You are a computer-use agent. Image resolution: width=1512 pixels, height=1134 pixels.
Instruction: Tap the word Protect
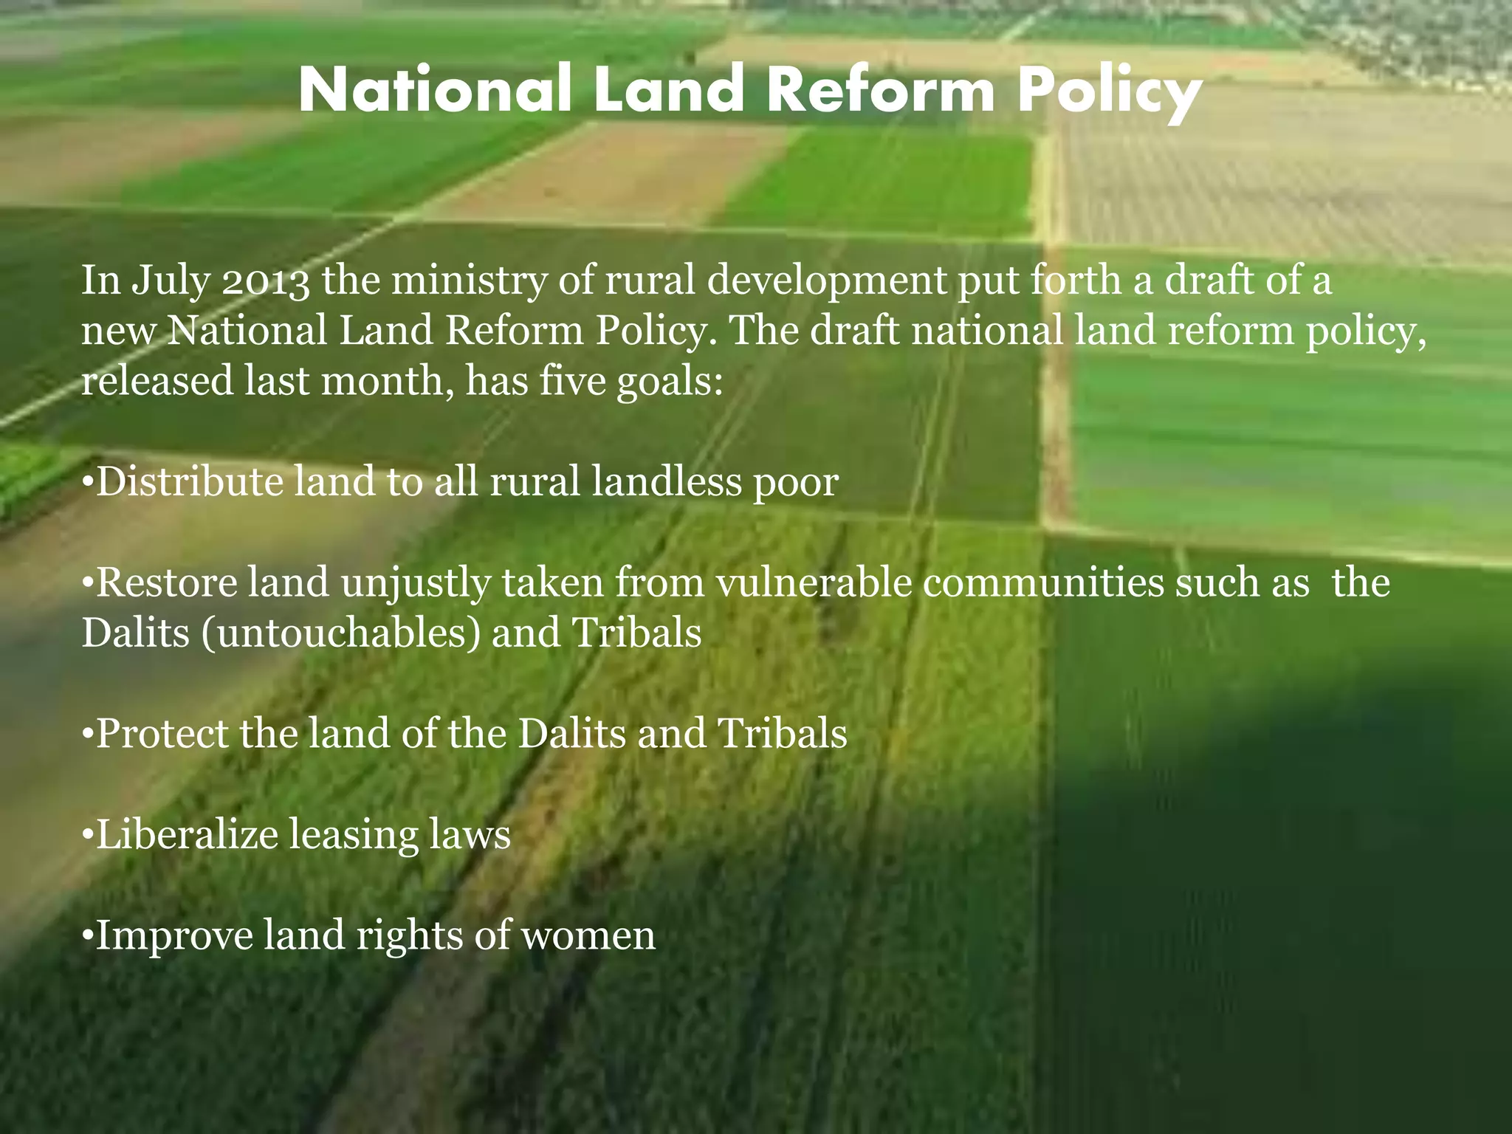coord(162,733)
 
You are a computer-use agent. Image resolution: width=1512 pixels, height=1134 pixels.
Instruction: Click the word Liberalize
coord(187,834)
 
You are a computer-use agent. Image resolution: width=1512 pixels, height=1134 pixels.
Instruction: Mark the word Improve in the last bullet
coord(175,935)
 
